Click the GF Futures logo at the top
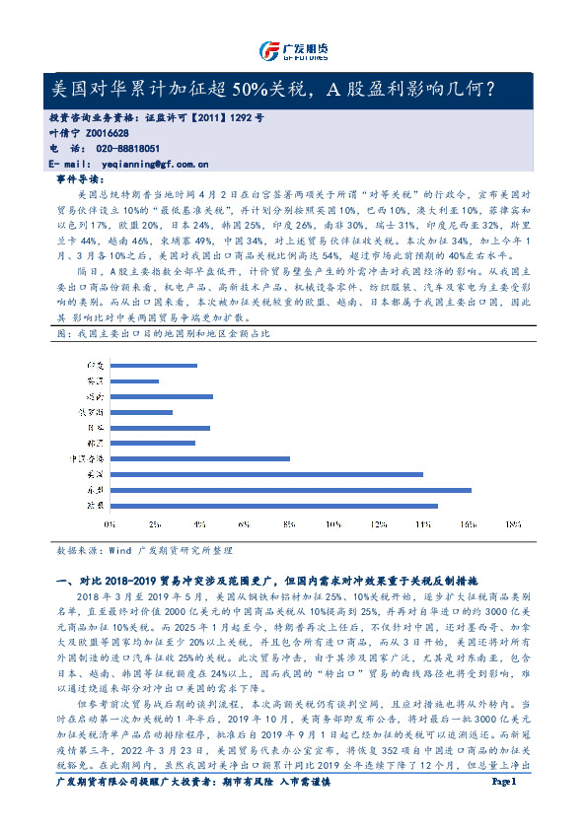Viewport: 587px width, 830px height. click(292, 50)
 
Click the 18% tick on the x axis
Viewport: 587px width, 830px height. click(513, 523)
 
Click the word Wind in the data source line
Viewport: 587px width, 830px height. click(119, 552)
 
